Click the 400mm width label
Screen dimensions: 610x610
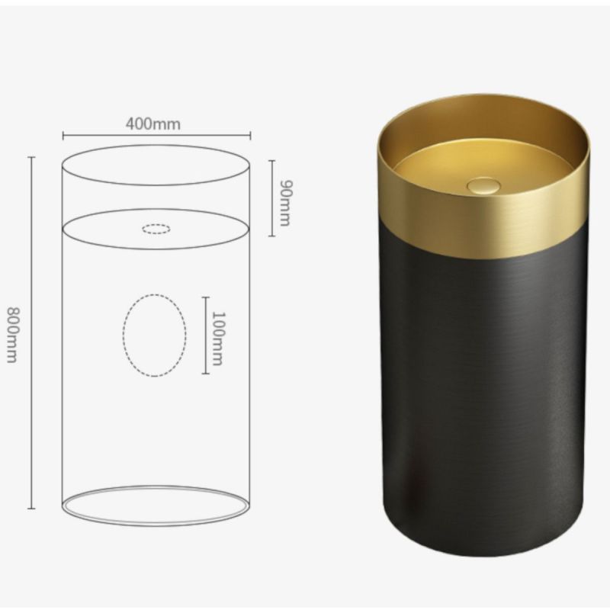pos(153,124)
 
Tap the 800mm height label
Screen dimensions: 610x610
pos(13,335)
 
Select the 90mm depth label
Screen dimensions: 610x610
pos(286,203)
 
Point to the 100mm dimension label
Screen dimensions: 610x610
pos(217,339)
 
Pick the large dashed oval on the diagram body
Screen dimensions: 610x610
pos(124,335)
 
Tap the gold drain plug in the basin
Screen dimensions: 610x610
pos(484,185)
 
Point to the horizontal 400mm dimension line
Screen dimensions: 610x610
pos(156,136)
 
